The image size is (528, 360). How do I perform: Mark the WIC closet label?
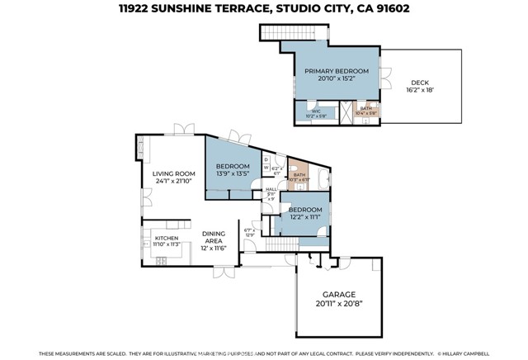[315, 111]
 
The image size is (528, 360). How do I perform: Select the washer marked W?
[266, 167]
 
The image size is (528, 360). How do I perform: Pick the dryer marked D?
[266, 159]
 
